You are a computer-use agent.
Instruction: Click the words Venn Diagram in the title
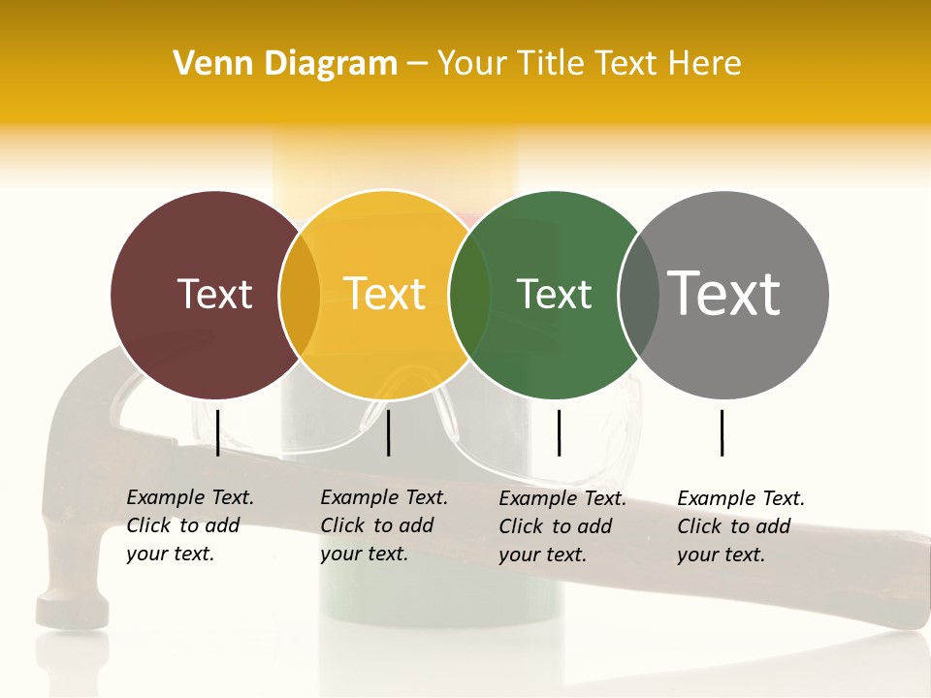(285, 64)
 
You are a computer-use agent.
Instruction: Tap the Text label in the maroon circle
(214, 294)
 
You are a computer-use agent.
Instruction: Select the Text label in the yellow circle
(385, 294)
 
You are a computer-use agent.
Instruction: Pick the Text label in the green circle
(554, 294)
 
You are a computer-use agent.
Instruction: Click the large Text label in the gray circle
(724, 293)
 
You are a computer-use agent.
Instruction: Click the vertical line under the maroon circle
(218, 432)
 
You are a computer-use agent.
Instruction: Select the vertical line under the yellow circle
(388, 432)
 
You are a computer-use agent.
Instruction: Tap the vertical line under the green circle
(560, 432)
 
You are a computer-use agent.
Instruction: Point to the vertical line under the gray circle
(722, 432)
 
